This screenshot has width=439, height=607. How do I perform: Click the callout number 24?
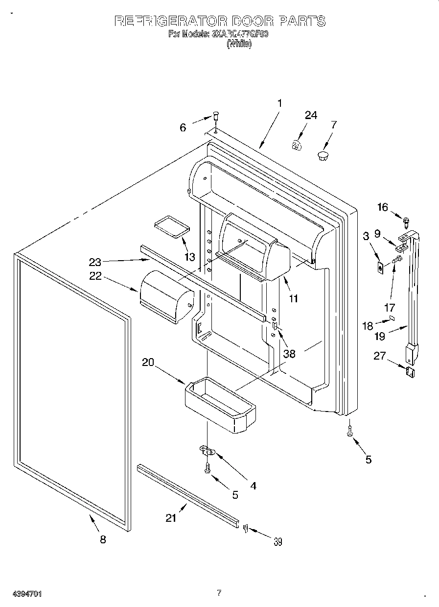point(311,115)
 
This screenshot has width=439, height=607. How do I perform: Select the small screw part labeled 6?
point(215,117)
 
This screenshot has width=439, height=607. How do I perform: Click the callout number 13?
point(189,256)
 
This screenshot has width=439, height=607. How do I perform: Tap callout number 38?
point(289,353)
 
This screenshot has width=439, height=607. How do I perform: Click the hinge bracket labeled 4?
point(208,450)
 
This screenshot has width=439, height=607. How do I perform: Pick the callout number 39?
point(277,541)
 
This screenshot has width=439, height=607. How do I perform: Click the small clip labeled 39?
point(246,528)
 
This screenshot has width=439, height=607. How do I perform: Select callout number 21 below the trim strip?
point(171,518)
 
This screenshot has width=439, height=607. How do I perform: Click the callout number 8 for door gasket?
point(103,539)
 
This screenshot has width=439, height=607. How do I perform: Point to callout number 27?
point(379,356)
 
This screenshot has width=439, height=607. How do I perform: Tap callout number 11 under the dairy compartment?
point(293,298)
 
